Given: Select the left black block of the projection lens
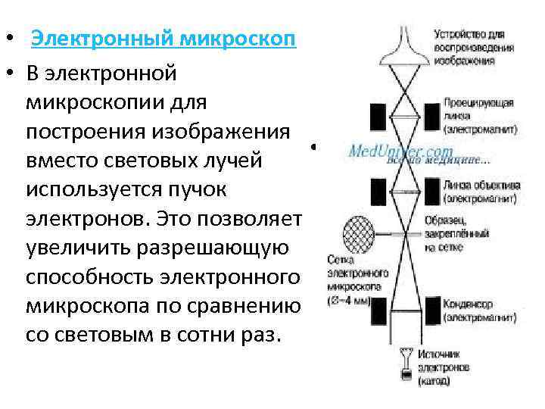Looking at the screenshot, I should pyautogui.click(x=377, y=116).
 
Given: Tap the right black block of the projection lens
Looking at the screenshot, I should pyautogui.click(x=432, y=116).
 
